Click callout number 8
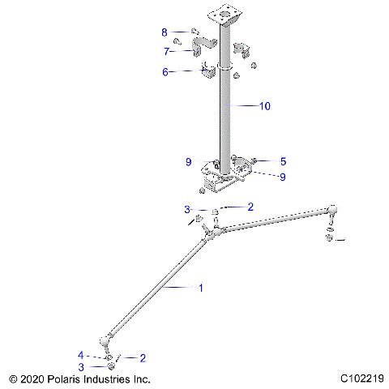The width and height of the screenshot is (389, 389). (165, 32)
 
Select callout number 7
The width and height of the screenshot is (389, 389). (165, 52)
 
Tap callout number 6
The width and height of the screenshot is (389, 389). (165, 72)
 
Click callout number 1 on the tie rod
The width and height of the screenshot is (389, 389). (202, 287)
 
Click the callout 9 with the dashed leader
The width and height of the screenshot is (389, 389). (283, 177)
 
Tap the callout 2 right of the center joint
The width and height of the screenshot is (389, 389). (250, 207)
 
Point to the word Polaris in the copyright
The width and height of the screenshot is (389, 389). (69, 378)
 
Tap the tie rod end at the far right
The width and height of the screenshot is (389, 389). (330, 212)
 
